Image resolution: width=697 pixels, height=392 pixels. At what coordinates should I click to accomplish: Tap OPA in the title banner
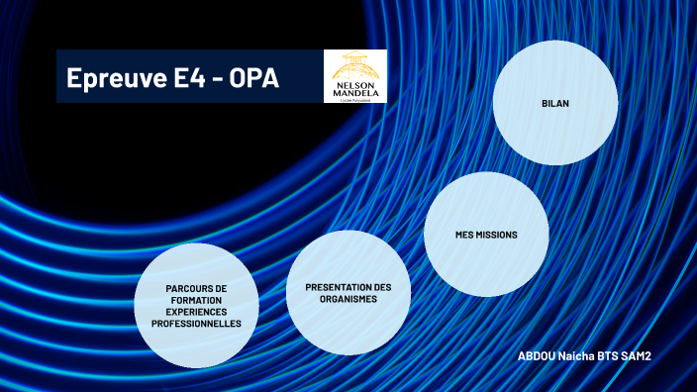253,78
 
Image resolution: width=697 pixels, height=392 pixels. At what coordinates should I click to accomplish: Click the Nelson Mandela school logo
355,76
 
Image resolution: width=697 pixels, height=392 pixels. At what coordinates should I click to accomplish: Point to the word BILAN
555,102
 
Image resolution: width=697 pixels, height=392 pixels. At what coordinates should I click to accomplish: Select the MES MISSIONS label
486,236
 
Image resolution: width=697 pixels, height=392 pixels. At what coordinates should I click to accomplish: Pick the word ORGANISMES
348,298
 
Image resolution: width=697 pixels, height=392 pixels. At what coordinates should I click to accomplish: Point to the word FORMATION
195,300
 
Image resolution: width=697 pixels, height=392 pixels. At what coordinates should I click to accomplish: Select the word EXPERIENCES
196,312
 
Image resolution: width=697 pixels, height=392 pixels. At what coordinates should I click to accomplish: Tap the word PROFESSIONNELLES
196,324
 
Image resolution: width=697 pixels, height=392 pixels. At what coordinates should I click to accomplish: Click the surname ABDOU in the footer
538,354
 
